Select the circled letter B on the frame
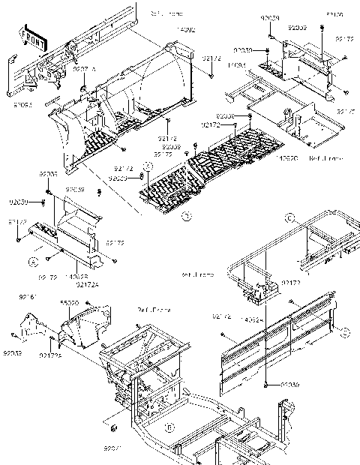170,427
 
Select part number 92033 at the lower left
13,352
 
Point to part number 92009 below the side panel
290,383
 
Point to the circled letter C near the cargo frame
287,218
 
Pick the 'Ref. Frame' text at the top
166,13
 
